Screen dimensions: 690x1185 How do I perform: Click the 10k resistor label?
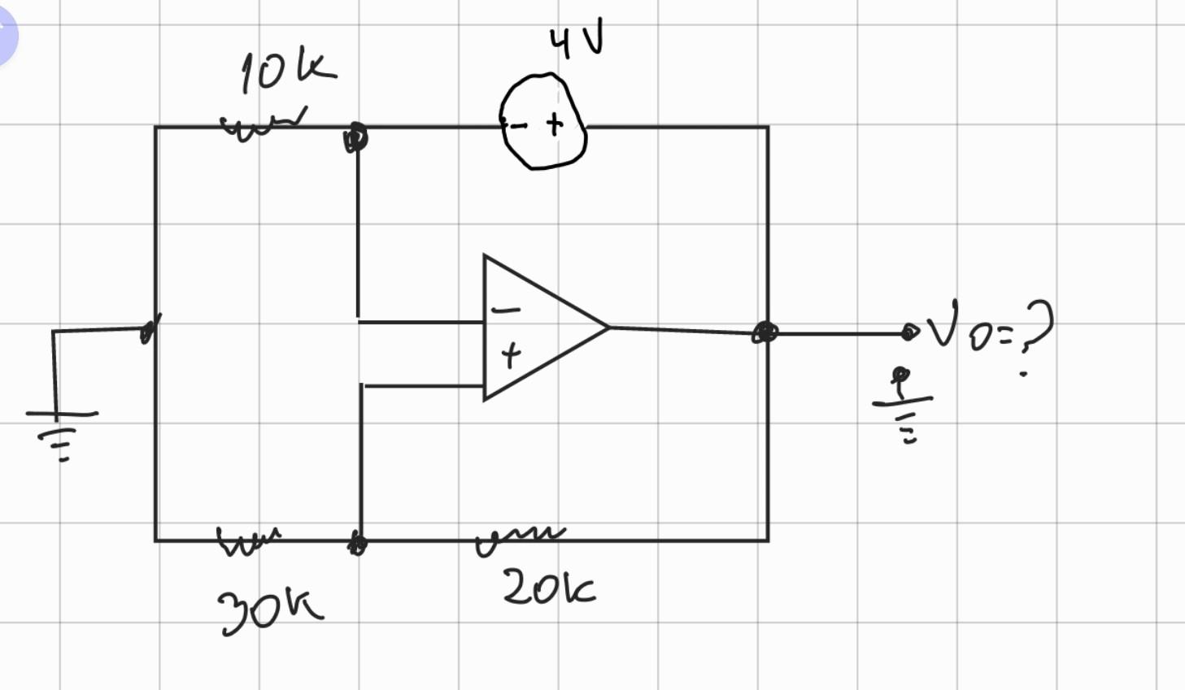click(286, 72)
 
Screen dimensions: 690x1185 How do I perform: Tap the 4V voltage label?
click(577, 42)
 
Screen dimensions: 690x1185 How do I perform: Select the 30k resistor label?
click(269, 609)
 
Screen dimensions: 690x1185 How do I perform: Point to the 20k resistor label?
click(548, 588)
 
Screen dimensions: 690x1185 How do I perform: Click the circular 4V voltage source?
click(542, 122)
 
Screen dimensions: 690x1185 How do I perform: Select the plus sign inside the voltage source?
click(555, 124)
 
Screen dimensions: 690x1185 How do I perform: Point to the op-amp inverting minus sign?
click(506, 310)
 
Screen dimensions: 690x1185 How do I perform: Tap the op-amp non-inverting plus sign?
click(510, 354)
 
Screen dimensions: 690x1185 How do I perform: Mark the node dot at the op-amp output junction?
click(765, 332)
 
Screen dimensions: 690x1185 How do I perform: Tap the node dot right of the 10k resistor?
click(355, 137)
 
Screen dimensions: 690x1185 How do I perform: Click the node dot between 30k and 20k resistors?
click(357, 543)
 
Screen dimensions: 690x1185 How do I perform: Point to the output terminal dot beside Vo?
click(909, 332)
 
